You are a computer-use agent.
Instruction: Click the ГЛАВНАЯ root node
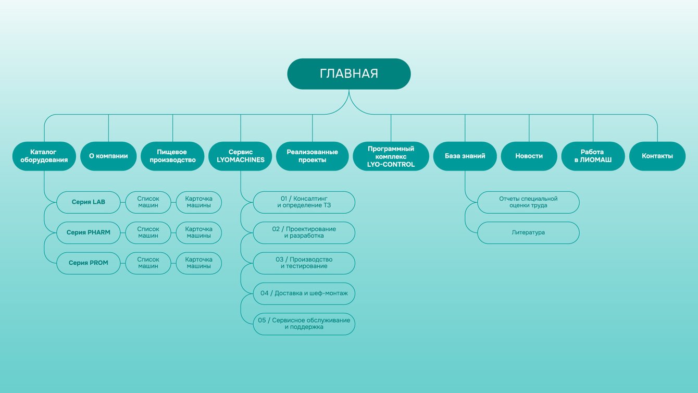coord(348,74)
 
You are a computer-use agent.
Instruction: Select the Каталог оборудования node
coord(44,156)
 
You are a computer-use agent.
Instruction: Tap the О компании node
coord(108,156)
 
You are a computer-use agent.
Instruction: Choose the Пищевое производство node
coord(172,156)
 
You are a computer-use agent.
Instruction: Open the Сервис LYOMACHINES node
coord(240,156)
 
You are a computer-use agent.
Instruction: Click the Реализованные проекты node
coord(312,156)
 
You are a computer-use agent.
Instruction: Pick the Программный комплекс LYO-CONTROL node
coord(391,156)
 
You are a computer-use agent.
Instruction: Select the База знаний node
coord(465,156)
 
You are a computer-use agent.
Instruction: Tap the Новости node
coord(529,156)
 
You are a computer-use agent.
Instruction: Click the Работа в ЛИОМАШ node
coord(593,156)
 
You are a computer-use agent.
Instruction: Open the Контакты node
coord(657,156)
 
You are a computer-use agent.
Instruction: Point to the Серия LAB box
coord(88,202)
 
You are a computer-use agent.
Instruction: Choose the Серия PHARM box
coord(88,232)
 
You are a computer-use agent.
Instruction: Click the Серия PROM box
coord(88,263)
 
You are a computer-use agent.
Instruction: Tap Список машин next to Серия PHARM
coord(148,232)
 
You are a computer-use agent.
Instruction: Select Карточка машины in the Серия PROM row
coord(199,263)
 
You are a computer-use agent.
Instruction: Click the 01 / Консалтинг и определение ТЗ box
coord(304,202)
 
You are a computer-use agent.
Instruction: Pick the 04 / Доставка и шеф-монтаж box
coord(304,293)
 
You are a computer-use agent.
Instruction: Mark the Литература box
coord(528,232)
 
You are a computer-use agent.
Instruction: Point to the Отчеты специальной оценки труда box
coord(528,202)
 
